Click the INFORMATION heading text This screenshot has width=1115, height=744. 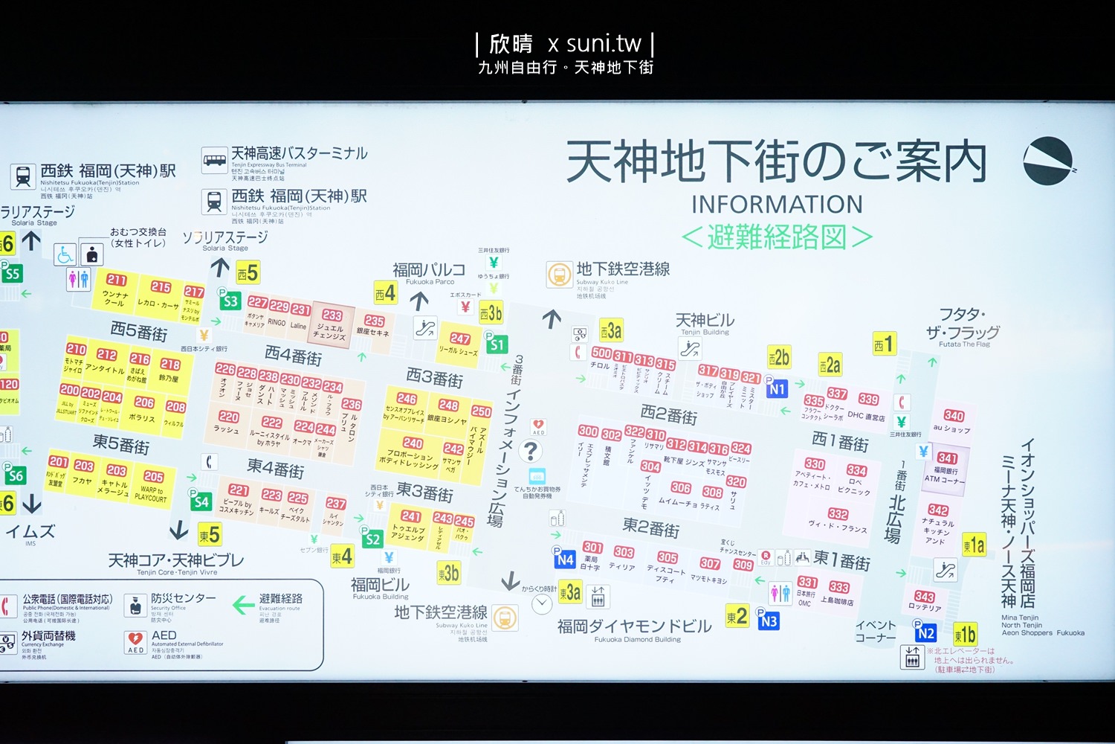pyautogui.click(x=777, y=204)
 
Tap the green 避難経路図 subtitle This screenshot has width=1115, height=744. pyautogui.click(x=777, y=237)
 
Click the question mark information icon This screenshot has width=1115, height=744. pyautogui.click(x=530, y=451)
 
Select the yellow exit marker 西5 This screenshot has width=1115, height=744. pyautogui.click(x=248, y=273)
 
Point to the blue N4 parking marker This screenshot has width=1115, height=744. pyautogui.click(x=564, y=559)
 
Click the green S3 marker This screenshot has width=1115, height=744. pyautogui.click(x=230, y=301)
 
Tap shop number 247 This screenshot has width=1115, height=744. pyautogui.click(x=460, y=339)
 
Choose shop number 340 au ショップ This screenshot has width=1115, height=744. pyautogui.click(x=954, y=416)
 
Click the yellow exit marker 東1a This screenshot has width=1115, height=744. pyautogui.click(x=974, y=545)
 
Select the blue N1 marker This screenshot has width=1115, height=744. pyautogui.click(x=777, y=388)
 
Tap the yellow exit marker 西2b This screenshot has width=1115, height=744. pyautogui.click(x=778, y=357)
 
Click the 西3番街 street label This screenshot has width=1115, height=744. pyautogui.click(x=435, y=378)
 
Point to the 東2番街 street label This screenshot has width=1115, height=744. pyautogui.click(x=651, y=527)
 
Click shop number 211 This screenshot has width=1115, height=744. pyautogui.click(x=116, y=280)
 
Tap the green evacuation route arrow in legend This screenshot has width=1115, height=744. pyautogui.click(x=243, y=605)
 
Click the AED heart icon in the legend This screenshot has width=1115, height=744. pyautogui.click(x=135, y=640)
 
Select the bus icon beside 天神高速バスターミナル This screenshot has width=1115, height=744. pyautogui.click(x=215, y=160)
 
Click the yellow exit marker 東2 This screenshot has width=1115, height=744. pyautogui.click(x=737, y=616)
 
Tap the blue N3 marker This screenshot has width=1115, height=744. pyautogui.click(x=769, y=620)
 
